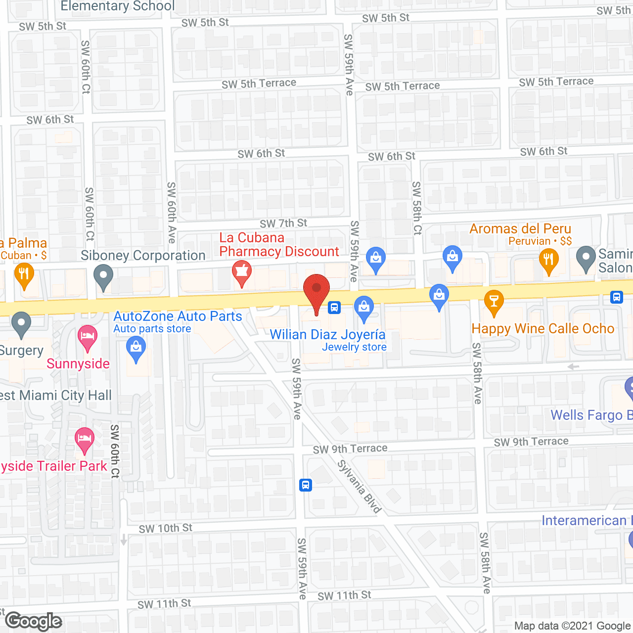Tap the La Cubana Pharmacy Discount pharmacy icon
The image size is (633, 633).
(242, 272)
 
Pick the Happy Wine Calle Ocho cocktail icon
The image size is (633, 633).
(493, 302)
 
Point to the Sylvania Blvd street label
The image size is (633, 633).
(360, 487)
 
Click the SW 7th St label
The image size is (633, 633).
(283, 224)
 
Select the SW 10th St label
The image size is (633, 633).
(165, 528)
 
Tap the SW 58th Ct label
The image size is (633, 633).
(417, 208)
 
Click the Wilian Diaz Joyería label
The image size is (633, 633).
(327, 335)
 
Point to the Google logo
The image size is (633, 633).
(34, 621)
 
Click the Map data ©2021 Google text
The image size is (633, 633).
(572, 626)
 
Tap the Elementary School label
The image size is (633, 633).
(118, 6)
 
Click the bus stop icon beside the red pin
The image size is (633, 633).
(334, 308)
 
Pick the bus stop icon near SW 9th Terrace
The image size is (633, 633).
(306, 485)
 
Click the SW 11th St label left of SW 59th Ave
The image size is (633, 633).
(164, 604)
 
